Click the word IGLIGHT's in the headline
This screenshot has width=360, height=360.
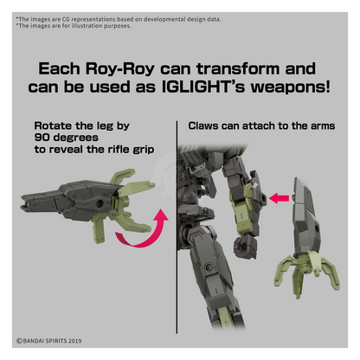click(x=203, y=87)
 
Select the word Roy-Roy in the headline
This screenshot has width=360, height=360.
click(x=119, y=69)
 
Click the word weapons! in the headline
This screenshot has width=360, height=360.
click(x=290, y=87)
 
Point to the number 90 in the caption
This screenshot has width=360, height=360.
click(x=42, y=138)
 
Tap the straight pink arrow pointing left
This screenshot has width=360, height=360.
click(x=279, y=198)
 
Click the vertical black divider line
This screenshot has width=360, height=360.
click(x=177, y=228)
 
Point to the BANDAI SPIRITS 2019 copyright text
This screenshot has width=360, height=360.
click(x=48, y=341)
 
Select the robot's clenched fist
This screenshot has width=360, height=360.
click(x=245, y=246)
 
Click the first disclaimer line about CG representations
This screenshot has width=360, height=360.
click(x=119, y=19)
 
